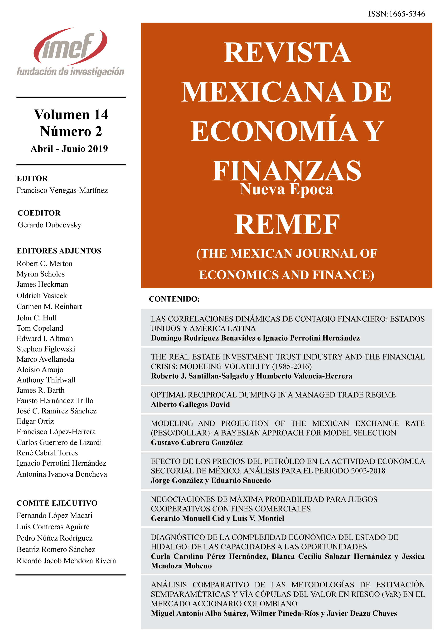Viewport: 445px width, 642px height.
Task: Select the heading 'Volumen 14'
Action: (71, 115)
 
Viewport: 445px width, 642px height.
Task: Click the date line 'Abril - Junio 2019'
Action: (69, 149)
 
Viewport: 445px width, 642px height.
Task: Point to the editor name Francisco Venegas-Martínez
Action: (62, 190)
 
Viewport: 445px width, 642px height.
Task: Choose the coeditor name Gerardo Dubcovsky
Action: (49, 225)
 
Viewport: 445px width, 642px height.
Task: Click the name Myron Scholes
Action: (41, 274)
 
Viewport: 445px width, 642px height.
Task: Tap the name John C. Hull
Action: (37, 318)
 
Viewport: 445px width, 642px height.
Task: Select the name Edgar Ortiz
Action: (35, 421)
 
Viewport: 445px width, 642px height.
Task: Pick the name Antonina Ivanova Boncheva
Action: (62, 474)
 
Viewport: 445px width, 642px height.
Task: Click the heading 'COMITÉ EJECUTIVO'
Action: (57, 503)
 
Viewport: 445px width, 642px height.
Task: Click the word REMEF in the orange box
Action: (287, 225)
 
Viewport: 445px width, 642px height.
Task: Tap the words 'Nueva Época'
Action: (287, 190)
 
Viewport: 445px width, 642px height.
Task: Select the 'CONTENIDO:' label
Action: (174, 299)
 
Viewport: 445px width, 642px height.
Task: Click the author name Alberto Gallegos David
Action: (190, 404)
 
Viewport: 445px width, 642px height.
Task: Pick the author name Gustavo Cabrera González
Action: (197, 442)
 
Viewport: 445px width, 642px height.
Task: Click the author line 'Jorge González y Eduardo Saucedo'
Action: (211, 481)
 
